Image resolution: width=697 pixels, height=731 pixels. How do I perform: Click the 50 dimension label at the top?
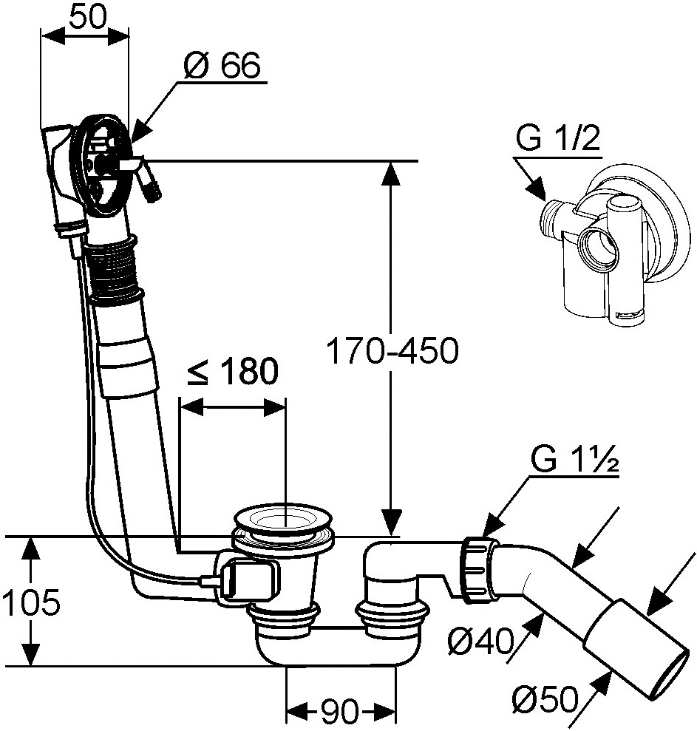[x=89, y=18]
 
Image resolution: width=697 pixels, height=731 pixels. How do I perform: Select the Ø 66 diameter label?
[x=222, y=65]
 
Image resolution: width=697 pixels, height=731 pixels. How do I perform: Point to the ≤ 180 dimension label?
[x=233, y=371]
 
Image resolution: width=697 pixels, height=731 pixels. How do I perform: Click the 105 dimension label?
[x=31, y=602]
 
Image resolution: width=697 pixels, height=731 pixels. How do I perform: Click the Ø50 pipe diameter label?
[x=545, y=699]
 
